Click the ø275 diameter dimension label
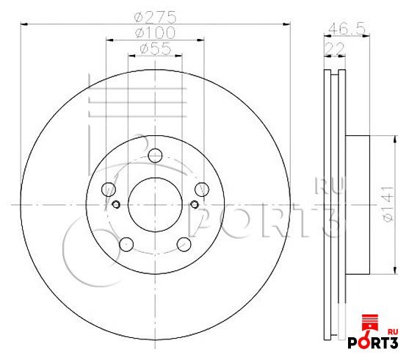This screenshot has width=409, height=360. click(156, 17)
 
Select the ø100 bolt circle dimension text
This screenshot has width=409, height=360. click(156, 32)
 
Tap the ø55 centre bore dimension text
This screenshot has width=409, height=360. click(156, 48)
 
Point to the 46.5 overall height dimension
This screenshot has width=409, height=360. click(347, 29)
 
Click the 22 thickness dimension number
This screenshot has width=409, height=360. click(335, 48)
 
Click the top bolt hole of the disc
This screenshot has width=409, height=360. click(155, 156)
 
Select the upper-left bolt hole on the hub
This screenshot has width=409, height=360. click(108, 190)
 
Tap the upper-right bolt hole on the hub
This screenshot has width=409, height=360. click(202, 190)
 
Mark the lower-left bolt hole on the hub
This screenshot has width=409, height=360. click(126, 245)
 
